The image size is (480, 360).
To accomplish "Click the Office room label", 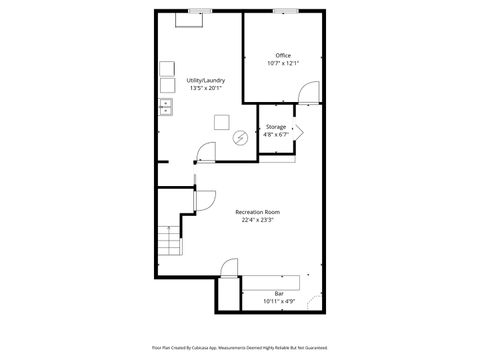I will [283, 55].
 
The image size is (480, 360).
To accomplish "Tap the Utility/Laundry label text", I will [205, 80].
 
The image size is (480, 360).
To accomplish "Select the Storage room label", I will [276, 127].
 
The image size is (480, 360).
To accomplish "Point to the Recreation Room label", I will [257, 212].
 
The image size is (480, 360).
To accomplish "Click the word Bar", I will [279, 292].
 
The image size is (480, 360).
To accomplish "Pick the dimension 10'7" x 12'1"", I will [283, 63].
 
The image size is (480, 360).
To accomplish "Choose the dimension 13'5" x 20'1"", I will [205, 88].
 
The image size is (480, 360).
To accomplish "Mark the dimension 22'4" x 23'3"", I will [257, 220].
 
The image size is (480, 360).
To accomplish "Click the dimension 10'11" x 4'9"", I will [279, 300].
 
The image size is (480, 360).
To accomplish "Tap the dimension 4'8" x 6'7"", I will [276, 135].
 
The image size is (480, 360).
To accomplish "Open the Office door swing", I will [312, 93].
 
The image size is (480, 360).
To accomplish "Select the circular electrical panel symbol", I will [240, 137].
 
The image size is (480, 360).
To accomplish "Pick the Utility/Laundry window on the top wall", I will [198, 11].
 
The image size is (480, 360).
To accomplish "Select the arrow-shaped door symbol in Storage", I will [298, 130].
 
